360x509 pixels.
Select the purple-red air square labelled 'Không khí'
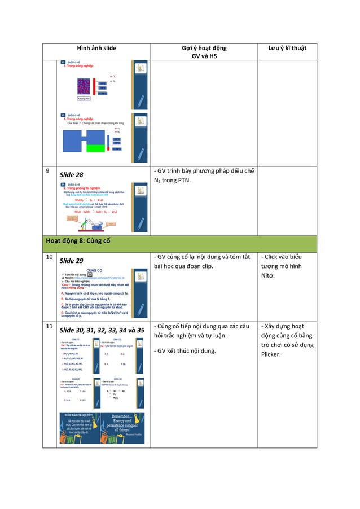[x=85, y=87]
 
